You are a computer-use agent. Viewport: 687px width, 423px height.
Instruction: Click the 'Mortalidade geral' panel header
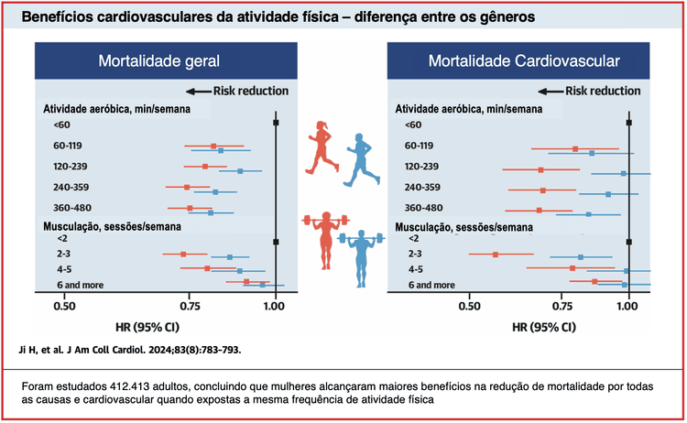(x=159, y=61)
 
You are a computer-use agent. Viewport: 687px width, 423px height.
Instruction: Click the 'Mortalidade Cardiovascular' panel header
(x=523, y=61)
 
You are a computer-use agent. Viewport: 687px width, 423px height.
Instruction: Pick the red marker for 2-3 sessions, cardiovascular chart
(x=496, y=255)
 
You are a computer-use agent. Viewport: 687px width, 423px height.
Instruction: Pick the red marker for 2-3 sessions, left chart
(x=183, y=255)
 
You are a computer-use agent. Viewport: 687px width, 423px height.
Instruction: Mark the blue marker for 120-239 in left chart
(x=240, y=171)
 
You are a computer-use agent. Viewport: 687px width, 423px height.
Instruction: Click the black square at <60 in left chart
(x=276, y=122)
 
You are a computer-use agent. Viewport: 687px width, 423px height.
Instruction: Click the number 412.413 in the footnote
(x=125, y=385)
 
